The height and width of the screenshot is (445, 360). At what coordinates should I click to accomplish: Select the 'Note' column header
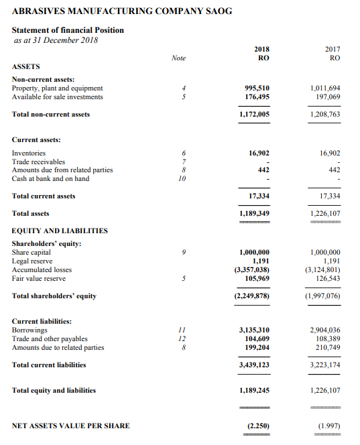(178, 58)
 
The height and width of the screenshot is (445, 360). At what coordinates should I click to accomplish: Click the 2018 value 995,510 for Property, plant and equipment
(257, 88)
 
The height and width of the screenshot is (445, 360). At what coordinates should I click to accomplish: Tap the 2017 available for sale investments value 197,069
(326, 97)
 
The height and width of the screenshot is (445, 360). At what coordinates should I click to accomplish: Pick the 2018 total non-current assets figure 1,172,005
(255, 115)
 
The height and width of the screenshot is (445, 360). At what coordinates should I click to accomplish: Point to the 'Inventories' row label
(29, 153)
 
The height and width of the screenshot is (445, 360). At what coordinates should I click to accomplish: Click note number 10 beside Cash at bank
(179, 178)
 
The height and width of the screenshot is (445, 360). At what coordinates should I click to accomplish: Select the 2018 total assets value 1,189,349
(255, 213)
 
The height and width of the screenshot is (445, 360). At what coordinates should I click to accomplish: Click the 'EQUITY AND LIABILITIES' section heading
(60, 231)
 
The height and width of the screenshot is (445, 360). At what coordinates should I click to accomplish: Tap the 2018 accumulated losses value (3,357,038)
(252, 270)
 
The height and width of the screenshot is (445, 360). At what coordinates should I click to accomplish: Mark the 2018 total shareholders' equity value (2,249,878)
(252, 296)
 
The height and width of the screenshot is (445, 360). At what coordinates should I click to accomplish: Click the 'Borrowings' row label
(30, 330)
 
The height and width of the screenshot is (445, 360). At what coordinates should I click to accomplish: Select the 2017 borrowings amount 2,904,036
(325, 330)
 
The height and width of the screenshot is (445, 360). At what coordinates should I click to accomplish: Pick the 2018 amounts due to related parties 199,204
(257, 348)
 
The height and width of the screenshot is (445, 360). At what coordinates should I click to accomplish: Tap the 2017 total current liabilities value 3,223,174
(325, 365)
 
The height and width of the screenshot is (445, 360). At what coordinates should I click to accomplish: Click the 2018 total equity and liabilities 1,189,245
(255, 391)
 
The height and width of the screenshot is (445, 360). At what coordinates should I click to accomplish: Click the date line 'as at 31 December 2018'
(56, 40)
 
